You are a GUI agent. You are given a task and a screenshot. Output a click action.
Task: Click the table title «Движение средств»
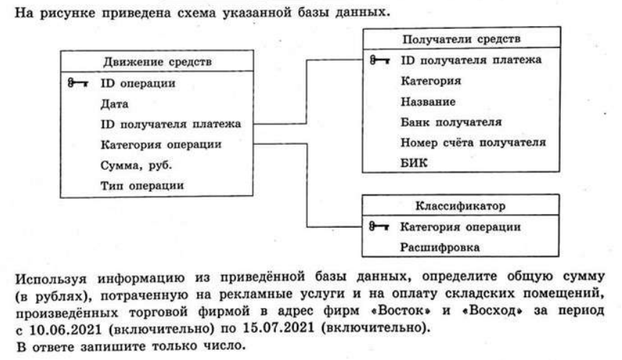click(157, 62)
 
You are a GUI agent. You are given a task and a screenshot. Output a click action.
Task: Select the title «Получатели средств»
click(462, 39)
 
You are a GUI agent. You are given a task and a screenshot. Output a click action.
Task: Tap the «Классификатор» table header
click(461, 205)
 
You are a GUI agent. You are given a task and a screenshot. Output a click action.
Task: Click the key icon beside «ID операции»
click(78, 83)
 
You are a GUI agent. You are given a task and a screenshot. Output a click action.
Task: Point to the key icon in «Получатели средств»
click(379, 60)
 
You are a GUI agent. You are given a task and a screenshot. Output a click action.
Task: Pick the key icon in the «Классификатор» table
click(379, 226)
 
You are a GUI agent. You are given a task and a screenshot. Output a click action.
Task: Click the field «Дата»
click(114, 104)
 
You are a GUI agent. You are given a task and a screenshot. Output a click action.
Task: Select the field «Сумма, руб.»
click(136, 165)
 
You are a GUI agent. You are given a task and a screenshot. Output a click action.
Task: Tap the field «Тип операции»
click(142, 185)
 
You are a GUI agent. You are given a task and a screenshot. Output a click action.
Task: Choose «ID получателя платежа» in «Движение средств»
click(170, 124)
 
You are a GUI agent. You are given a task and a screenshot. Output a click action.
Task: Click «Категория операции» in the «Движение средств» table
click(161, 145)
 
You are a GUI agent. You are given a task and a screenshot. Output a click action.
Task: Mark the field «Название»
click(428, 102)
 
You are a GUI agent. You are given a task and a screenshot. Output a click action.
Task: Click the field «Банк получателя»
click(451, 122)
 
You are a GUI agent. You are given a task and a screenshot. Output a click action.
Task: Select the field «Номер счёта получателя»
click(473, 142)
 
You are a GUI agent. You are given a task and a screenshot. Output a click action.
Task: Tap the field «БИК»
click(414, 163)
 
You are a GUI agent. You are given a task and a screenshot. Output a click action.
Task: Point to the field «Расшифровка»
click(439, 247)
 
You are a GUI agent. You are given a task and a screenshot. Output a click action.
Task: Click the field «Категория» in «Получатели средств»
click(431, 81)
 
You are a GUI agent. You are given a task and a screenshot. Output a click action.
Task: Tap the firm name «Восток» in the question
click(401, 310)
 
